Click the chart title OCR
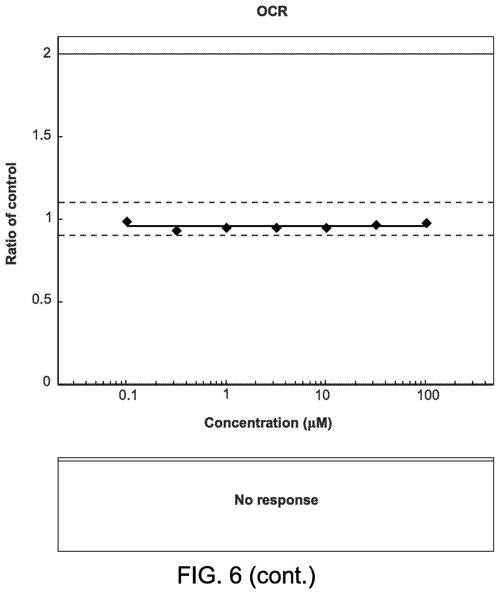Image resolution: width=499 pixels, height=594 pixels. pyautogui.click(x=272, y=12)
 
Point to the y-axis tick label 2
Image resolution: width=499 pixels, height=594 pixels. pyautogui.click(x=47, y=53)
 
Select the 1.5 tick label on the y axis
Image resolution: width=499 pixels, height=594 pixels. pyautogui.click(x=42, y=135)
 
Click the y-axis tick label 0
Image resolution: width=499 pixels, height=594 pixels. pyautogui.click(x=47, y=381)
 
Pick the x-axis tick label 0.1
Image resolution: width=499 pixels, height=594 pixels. pyautogui.click(x=128, y=396)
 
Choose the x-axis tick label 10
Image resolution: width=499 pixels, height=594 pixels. pyautogui.click(x=323, y=396)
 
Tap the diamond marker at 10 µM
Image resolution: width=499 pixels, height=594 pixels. pyautogui.click(x=326, y=228)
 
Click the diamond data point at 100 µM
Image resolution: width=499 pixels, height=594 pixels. pyautogui.click(x=426, y=223)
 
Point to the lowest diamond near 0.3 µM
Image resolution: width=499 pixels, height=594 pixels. pyautogui.click(x=177, y=231)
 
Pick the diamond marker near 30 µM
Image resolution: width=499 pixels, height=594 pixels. pyautogui.click(x=376, y=225)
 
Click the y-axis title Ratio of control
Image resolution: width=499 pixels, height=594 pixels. pyautogui.click(x=11, y=214)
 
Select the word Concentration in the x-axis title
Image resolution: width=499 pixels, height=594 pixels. pyautogui.click(x=251, y=423)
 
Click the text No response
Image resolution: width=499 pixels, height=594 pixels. pyautogui.click(x=276, y=500)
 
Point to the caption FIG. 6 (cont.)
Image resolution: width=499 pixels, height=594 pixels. pyautogui.click(x=246, y=575)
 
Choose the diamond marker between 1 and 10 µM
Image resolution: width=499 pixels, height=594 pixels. pyautogui.click(x=277, y=228)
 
